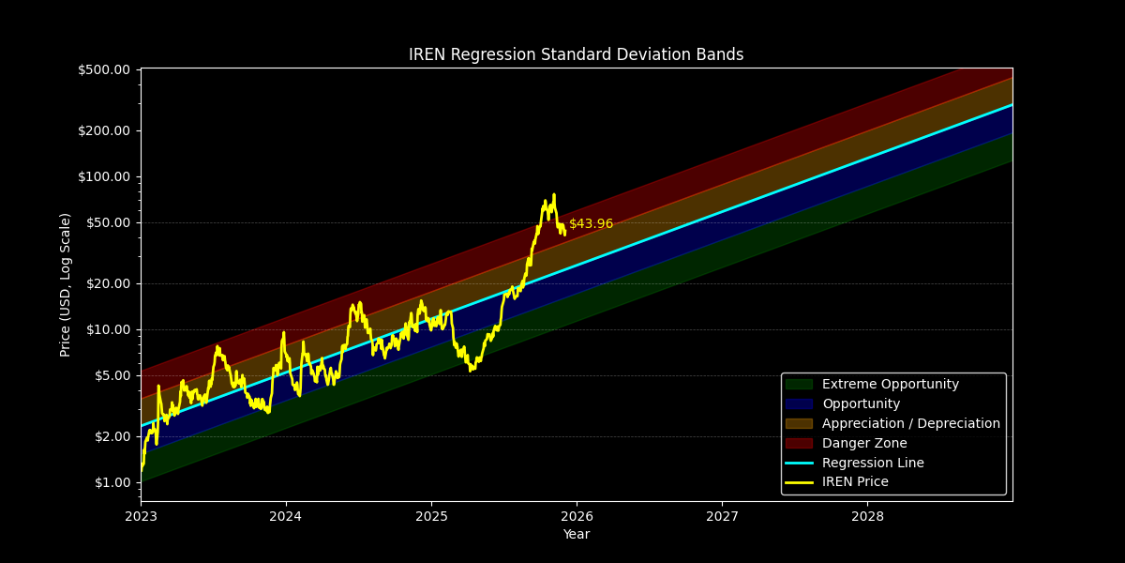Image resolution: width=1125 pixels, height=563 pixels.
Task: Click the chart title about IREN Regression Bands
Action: (x=576, y=54)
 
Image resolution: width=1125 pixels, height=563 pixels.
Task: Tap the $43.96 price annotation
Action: (x=591, y=224)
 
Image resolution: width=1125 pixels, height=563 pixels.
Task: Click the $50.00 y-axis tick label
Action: (x=107, y=222)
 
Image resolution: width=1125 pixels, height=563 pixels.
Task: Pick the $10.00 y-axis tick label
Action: (x=107, y=329)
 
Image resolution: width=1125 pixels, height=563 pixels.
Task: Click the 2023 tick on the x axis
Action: (x=141, y=516)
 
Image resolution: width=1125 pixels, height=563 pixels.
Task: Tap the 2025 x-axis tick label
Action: (x=431, y=516)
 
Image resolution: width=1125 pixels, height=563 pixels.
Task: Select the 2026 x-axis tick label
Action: (x=577, y=516)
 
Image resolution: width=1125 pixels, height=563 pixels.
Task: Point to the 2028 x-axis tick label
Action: (x=867, y=516)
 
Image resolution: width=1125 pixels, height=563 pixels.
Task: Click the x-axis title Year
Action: (x=576, y=535)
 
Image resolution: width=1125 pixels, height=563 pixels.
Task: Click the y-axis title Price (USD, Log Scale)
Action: (x=66, y=284)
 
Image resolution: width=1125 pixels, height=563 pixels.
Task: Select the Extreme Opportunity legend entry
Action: (x=890, y=384)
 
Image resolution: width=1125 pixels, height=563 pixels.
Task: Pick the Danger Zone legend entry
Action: (x=863, y=443)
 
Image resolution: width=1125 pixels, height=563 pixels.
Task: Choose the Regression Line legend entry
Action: (x=872, y=463)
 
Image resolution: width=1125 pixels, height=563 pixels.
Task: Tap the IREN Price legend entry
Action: (x=855, y=482)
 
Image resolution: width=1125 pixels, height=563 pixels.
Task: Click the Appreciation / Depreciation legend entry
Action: (x=910, y=423)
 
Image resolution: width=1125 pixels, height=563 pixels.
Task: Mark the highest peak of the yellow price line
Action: (x=553, y=194)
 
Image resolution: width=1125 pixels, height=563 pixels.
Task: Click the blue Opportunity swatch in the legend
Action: (x=799, y=403)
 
